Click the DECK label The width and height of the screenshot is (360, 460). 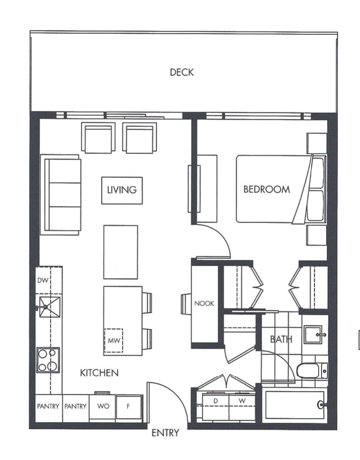(182, 72)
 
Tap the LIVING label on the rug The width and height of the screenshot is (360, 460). (122, 190)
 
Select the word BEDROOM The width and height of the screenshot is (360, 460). (267, 189)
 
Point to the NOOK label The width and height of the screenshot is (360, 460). (204, 304)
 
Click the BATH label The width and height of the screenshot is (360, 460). (281, 339)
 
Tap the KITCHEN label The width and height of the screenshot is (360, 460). (99, 373)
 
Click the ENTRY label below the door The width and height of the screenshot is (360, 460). (165, 433)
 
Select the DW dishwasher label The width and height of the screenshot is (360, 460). (43, 280)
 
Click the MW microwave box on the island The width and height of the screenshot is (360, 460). (114, 340)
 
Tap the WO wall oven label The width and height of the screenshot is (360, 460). (103, 406)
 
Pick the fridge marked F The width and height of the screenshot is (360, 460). (129, 407)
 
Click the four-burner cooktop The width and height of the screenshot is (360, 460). (48, 360)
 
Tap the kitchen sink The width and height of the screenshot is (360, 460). (50, 307)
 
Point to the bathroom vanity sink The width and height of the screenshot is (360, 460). (314, 335)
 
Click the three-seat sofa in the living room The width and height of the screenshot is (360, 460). (61, 195)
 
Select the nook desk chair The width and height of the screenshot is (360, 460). (186, 304)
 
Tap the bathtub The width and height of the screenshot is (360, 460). (295, 405)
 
